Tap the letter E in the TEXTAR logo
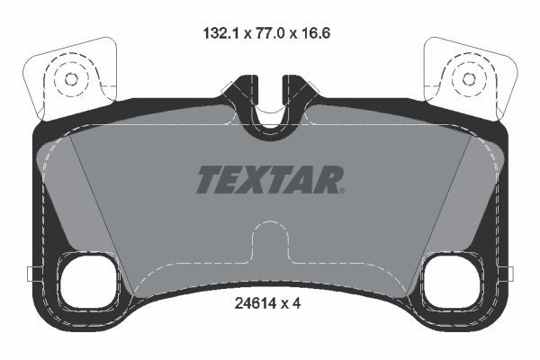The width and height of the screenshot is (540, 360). tap(230, 180)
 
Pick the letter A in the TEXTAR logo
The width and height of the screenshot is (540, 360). tap(304, 180)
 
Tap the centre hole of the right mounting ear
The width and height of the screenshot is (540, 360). tap(469, 78)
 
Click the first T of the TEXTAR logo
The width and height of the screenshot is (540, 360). tap(207, 180)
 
